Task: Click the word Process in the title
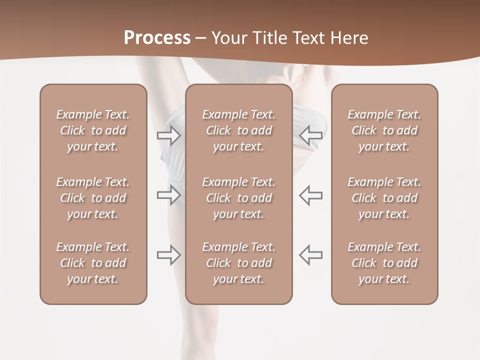coord(157,38)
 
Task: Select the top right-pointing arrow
coord(169,135)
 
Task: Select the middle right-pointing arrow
coord(169,195)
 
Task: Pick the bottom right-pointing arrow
coord(169,255)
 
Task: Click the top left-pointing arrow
coord(311,135)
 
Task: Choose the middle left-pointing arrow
coord(311,195)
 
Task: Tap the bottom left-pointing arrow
coord(311,255)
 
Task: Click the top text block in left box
coord(93,130)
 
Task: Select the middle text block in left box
coord(93,198)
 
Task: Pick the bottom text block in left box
coord(93,263)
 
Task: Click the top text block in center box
coord(239,130)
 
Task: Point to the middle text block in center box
coord(239,198)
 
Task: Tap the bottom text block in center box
coord(239,263)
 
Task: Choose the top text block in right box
coord(384,130)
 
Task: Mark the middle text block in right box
coord(384,198)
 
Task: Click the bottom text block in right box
coord(384,263)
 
